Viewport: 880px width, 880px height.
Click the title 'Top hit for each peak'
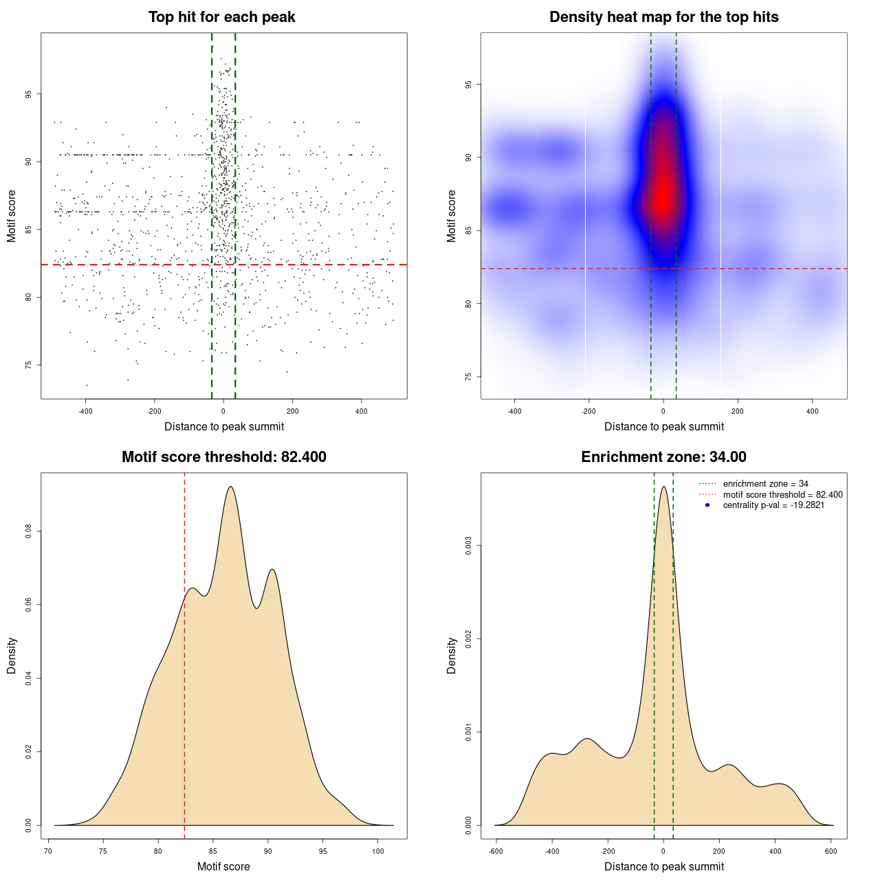(x=221, y=17)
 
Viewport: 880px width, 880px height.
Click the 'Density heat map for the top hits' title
(x=663, y=17)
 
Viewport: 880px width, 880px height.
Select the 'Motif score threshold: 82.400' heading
(x=223, y=457)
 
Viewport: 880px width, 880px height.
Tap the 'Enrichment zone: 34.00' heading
(x=663, y=457)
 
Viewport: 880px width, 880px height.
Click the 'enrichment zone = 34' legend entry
(x=765, y=484)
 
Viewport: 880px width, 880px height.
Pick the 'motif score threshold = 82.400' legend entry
(x=782, y=495)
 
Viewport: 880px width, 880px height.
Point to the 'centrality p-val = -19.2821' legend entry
(x=773, y=505)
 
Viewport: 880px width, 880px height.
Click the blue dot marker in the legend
(x=707, y=505)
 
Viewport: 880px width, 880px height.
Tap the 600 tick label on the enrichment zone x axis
(x=830, y=852)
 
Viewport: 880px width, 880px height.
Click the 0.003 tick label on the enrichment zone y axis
(x=469, y=546)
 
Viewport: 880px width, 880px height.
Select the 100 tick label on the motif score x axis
(x=377, y=852)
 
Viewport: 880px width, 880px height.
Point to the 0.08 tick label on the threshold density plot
(x=29, y=531)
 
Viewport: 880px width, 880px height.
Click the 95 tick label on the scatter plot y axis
(x=29, y=94)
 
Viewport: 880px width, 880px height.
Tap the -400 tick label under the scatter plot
(x=85, y=412)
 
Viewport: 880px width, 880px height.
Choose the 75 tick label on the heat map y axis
(x=469, y=377)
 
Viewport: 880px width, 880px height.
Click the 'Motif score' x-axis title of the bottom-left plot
(x=223, y=866)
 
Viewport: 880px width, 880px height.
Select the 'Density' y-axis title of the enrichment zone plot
(x=452, y=655)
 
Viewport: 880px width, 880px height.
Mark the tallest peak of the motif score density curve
(x=230, y=487)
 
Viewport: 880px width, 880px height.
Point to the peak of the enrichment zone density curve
(x=663, y=487)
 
